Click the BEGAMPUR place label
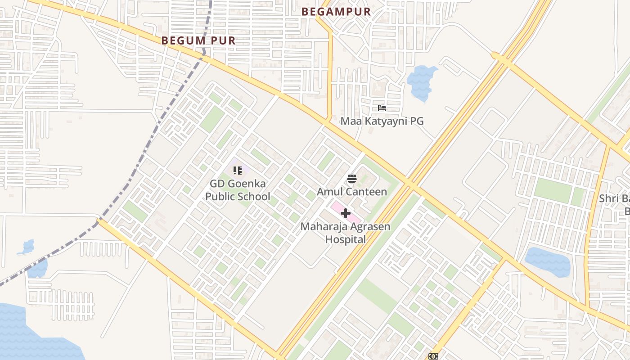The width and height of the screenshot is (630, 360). tap(336, 12)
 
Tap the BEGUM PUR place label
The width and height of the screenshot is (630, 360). tap(198, 40)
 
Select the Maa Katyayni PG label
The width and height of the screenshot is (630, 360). tap(382, 121)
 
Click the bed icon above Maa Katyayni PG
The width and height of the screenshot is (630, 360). tap(382, 108)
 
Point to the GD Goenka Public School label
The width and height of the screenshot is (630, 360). tap(238, 190)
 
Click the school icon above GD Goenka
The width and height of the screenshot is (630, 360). tap(238, 171)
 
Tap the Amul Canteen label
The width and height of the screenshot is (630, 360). tap(352, 192)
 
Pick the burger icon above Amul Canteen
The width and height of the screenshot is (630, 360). tap(352, 179)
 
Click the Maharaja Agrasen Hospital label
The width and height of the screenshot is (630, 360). tap(346, 233)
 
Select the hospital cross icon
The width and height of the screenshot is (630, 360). tap(346, 213)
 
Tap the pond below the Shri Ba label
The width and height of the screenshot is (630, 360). tap(547, 261)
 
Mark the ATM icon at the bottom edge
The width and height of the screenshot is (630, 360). tap(433, 356)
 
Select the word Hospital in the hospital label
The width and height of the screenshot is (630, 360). tap(346, 239)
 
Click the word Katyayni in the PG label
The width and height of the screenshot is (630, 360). tap(385, 121)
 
